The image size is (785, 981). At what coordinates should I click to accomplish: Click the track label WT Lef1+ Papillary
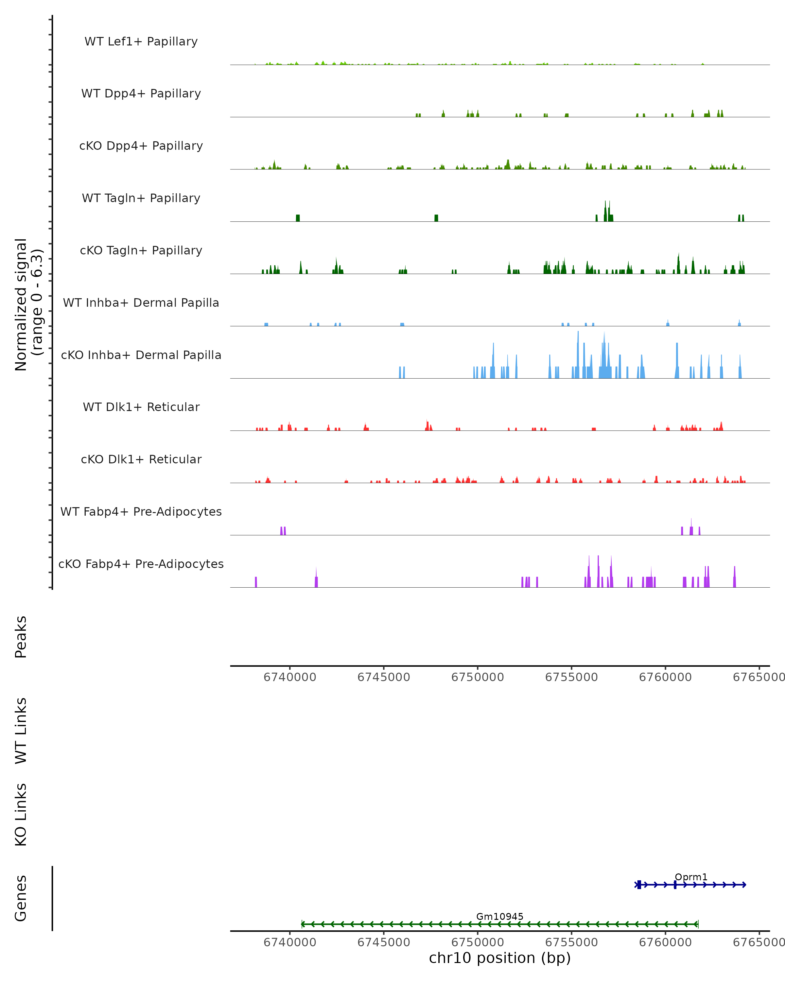[141, 42]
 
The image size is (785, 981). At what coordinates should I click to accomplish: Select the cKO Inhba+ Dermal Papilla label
[141, 355]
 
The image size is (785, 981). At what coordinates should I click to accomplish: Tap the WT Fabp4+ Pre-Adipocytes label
[141, 511]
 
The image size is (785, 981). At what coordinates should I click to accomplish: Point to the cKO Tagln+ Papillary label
[141, 250]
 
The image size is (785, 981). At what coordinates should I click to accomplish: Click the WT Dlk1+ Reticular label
[141, 407]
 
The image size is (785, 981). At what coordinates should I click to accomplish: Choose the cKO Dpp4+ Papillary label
[141, 146]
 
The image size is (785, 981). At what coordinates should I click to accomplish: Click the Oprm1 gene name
[691, 877]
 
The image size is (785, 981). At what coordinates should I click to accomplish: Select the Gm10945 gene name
[500, 916]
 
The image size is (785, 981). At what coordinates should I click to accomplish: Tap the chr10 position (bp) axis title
[500, 957]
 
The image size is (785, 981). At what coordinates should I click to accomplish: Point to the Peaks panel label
[21, 637]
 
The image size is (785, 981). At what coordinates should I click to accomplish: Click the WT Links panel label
[21, 730]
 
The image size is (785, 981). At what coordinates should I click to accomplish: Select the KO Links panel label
[21, 815]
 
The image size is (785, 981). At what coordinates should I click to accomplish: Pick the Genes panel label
[21, 898]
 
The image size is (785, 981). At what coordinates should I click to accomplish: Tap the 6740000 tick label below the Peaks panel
[290, 677]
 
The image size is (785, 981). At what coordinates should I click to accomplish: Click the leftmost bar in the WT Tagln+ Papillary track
[298, 218]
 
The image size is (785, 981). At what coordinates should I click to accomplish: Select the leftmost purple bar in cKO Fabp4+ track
[256, 582]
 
